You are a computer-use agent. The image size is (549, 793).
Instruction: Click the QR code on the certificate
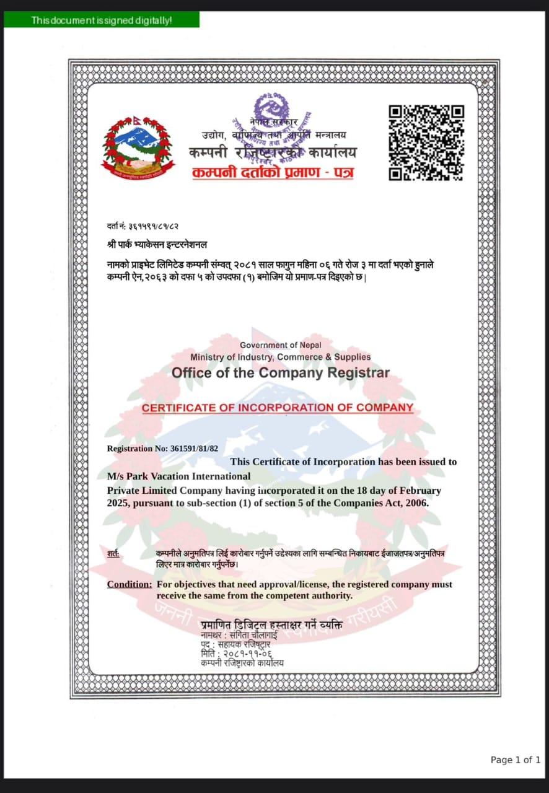426,142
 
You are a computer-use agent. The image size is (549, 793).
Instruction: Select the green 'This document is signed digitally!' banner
102,20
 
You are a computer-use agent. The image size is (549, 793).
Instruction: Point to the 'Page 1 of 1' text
515,760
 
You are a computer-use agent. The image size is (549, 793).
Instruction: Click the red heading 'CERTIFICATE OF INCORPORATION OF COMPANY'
277,408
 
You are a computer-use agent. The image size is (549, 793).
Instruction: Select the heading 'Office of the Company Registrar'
281,373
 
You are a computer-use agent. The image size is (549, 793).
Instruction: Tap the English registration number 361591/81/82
190,449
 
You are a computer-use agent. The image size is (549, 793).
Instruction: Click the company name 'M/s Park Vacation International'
178,476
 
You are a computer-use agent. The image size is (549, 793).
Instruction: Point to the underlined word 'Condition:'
129,584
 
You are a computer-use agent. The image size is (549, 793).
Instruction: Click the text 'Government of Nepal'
281,345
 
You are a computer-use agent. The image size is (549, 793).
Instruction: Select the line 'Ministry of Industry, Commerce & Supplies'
281,357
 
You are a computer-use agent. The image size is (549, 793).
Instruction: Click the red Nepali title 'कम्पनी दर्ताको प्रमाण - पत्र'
273,172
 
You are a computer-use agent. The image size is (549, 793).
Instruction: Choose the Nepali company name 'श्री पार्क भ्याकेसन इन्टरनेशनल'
157,245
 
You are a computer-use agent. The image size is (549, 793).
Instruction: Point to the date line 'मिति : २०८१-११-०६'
236,654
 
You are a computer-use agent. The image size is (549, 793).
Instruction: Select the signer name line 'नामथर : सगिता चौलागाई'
239,635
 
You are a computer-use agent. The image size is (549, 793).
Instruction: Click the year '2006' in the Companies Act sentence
414,503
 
